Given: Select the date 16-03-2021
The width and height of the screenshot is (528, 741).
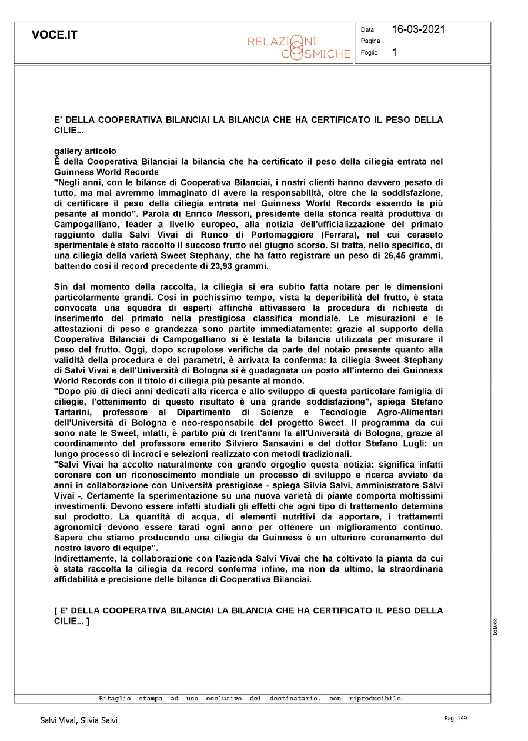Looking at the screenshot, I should coord(418,29).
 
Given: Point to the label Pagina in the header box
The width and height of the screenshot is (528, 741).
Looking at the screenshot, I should coord(370,41).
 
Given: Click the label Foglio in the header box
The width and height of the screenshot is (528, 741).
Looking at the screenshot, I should coord(369,53).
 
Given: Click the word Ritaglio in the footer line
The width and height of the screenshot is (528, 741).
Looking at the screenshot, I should coord(115,699).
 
